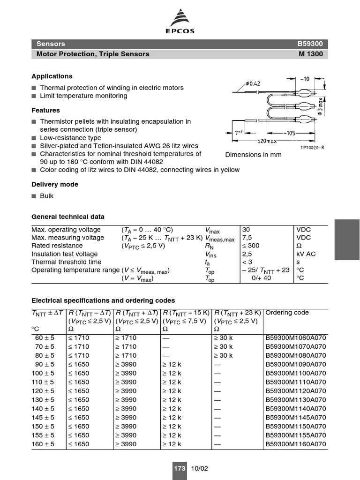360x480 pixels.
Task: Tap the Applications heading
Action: [52, 76]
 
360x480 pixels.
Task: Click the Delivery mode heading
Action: [55, 185]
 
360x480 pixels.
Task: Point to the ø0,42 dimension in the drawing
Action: [253, 84]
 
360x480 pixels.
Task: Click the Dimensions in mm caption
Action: [254, 155]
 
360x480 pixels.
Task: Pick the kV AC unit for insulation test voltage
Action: [306, 254]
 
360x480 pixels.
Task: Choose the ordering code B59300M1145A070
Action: [295, 418]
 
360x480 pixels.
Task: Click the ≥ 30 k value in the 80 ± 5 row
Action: [223, 355]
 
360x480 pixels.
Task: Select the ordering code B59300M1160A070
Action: [295, 444]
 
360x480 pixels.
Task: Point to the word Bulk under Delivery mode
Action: [47, 196]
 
